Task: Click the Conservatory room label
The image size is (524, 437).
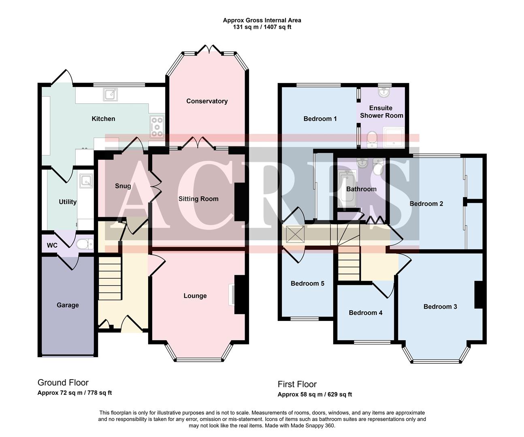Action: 207,101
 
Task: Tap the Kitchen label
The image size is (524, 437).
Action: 103,119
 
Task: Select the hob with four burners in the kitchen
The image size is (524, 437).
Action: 157,127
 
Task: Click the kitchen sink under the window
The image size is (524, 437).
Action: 110,94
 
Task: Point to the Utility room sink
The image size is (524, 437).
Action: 86,182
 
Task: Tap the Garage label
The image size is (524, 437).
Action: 68,305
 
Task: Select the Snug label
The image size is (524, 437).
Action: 123,186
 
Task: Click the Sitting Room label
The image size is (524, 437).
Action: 198,199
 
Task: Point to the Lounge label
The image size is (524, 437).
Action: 195,296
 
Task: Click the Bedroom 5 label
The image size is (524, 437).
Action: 307,283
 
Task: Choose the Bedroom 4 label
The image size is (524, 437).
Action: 365,312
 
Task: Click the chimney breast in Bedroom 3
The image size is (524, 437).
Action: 478,294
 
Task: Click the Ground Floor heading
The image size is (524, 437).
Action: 63,382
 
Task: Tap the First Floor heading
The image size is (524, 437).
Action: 297,384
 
